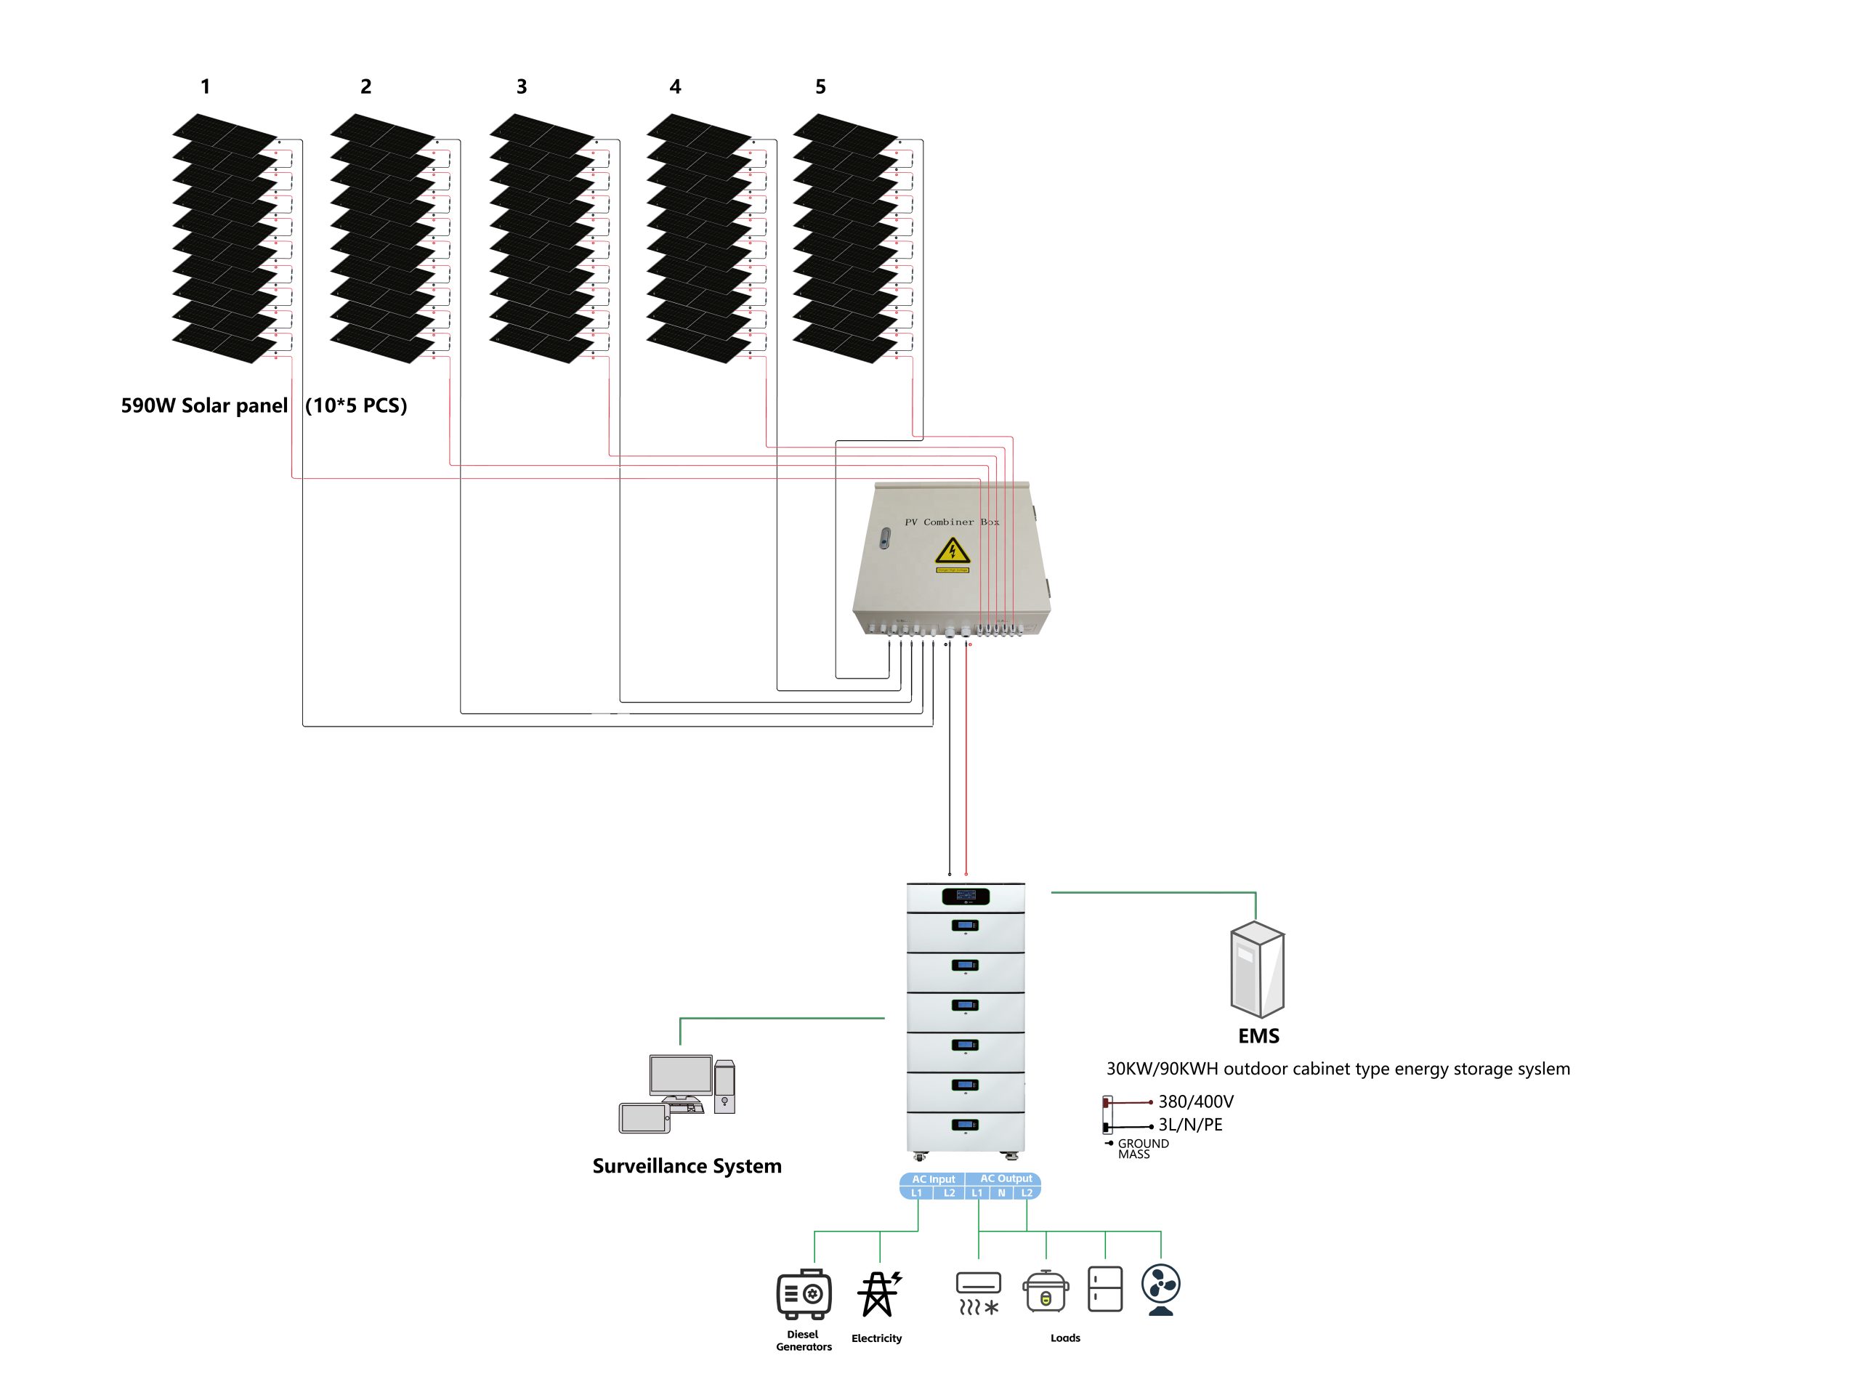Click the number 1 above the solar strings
[205, 86]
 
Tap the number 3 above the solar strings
[522, 86]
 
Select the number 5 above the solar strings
[821, 86]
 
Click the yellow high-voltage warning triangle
[953, 551]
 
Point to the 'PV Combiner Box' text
[952, 522]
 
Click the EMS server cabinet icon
[1257, 969]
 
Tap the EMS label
[1258, 1036]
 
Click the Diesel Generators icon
[804, 1293]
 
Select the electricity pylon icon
[878, 1293]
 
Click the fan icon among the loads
[1161, 1289]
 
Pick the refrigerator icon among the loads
[1105, 1289]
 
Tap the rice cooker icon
[1046, 1290]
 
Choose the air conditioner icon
[979, 1293]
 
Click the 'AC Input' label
[934, 1179]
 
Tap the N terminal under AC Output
[1001, 1192]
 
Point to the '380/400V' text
[1196, 1101]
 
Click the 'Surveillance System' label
[687, 1165]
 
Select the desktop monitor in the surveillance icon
[681, 1075]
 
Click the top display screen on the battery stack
[966, 896]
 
